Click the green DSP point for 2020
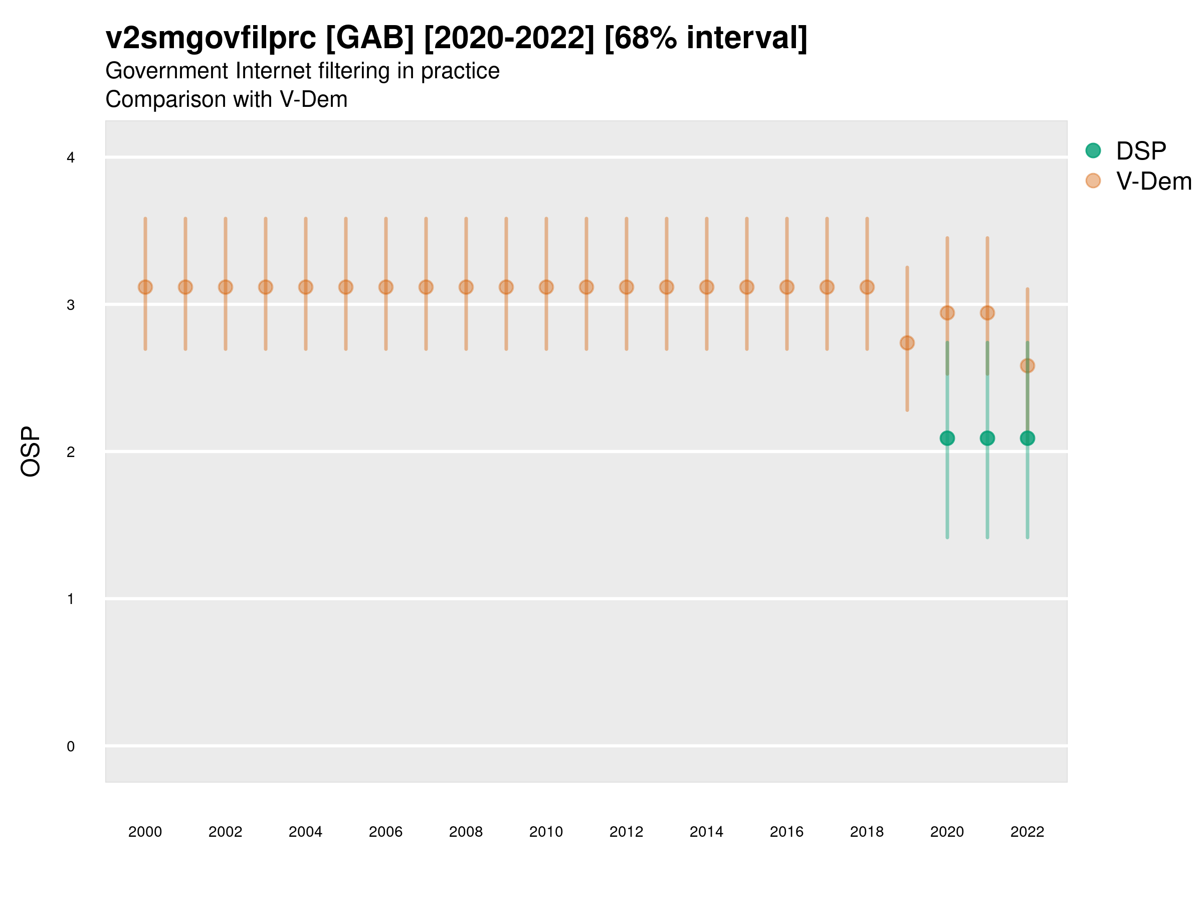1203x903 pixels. (x=947, y=438)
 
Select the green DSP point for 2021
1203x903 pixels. (x=987, y=438)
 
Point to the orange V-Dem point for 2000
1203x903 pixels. (x=145, y=287)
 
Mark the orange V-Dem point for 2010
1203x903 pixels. (x=546, y=287)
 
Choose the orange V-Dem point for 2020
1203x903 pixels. (x=947, y=313)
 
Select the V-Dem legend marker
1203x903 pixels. (x=1093, y=181)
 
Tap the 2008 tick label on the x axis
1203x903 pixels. (x=466, y=832)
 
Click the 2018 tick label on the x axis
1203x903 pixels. (x=867, y=832)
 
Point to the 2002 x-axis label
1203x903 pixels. (x=225, y=832)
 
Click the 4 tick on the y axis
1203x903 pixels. (x=71, y=158)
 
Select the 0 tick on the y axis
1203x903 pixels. (x=71, y=746)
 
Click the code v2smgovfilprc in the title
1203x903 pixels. (x=211, y=39)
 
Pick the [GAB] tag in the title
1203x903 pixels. (x=370, y=39)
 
